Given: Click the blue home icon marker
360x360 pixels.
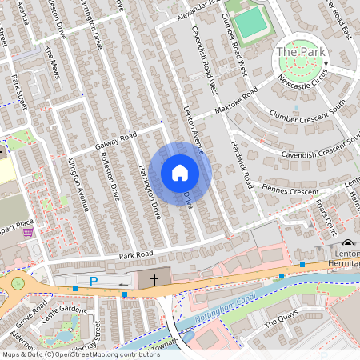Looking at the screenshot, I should [180, 173].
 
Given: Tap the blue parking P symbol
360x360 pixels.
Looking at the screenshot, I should [94, 281].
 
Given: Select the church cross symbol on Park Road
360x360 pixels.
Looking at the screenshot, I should [154, 279].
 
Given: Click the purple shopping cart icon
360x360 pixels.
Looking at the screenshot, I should [29, 232].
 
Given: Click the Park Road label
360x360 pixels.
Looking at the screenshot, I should [135, 256].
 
